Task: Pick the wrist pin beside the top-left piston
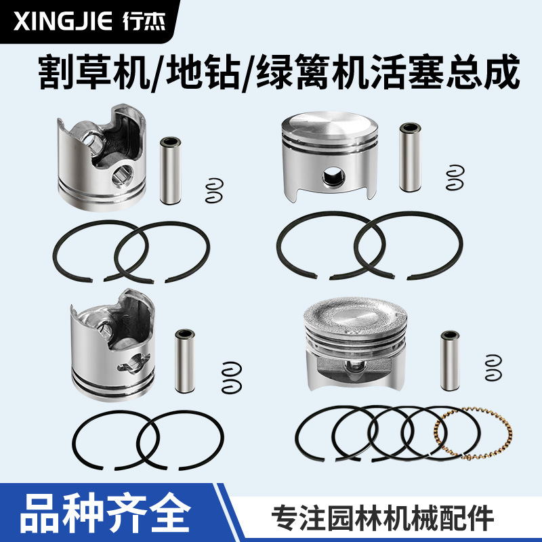point(170,170)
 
